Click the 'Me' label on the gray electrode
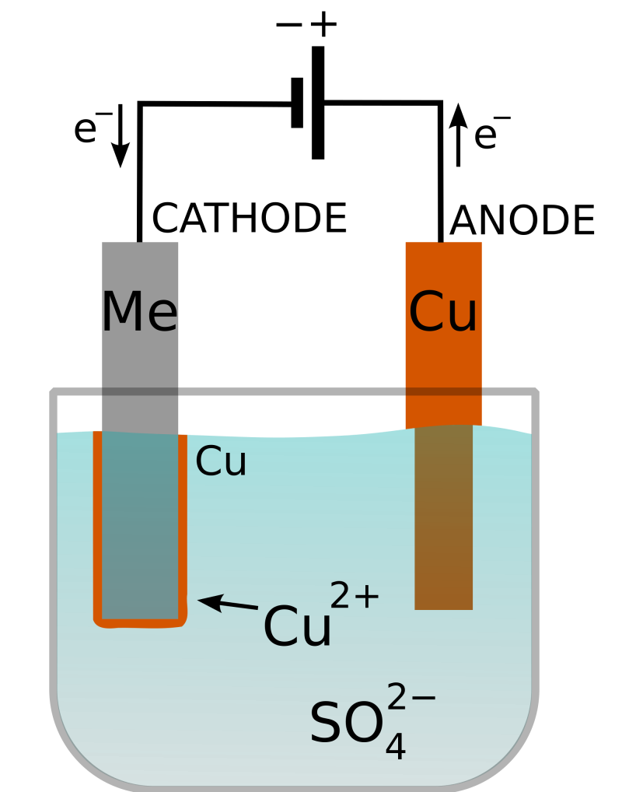[140, 313]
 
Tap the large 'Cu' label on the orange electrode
[443, 313]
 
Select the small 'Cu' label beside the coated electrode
[221, 462]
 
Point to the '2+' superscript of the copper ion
[355, 597]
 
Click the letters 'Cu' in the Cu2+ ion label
[297, 627]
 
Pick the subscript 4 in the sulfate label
[396, 746]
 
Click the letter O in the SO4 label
[364, 724]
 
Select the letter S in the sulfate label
[326, 724]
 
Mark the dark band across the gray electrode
[140, 391]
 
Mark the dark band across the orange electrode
[443, 391]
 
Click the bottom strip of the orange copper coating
[140, 623]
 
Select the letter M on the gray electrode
[123, 313]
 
